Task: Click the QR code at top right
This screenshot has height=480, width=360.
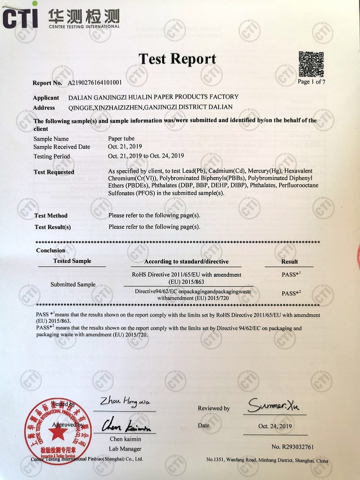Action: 311,64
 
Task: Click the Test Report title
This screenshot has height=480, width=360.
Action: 177,59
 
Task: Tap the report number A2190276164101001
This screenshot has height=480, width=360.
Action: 94,83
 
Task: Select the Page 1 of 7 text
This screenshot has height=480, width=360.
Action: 311,82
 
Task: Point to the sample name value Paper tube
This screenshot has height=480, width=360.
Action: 121,139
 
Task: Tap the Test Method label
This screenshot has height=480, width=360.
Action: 51,216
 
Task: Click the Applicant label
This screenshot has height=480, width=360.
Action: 46,98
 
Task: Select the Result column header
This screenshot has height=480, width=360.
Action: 289,261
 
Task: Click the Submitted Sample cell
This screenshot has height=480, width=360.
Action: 73,285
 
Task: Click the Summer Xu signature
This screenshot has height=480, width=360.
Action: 277,405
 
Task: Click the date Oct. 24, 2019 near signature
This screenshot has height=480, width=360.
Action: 275,426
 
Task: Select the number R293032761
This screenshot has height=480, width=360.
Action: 292,447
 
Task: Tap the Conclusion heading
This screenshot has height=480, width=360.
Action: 50,250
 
